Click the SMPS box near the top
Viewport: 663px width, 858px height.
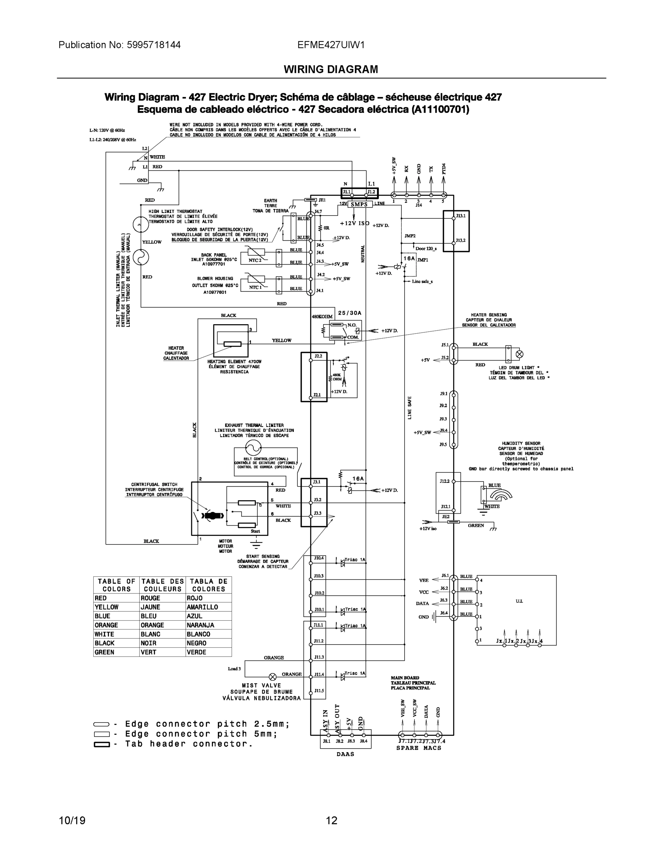point(359,204)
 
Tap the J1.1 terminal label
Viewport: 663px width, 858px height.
point(346,192)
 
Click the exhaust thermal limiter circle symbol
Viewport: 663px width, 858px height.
point(253,447)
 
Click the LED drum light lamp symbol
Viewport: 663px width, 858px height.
point(519,354)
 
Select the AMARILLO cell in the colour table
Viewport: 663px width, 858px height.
point(202,607)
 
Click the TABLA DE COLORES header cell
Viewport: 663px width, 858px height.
point(209,585)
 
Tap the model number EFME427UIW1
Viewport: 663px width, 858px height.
point(331,45)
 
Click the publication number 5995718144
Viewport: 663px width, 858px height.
point(154,45)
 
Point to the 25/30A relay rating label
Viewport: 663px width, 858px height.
point(350,313)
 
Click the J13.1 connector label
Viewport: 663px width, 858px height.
point(461,216)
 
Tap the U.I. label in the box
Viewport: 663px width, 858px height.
point(519,601)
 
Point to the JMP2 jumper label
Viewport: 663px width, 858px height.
point(410,236)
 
